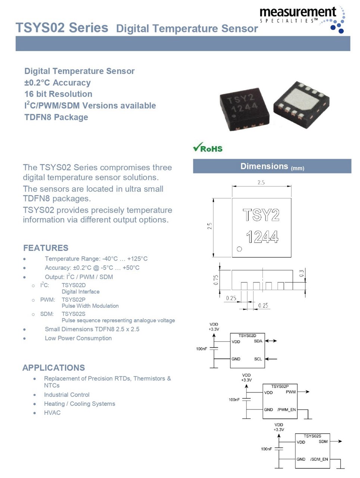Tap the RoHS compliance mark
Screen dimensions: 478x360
click(x=208, y=148)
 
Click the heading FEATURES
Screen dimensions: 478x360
click(x=46, y=248)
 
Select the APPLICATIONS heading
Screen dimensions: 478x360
click(x=53, y=367)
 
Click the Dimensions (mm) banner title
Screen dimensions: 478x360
click(x=272, y=167)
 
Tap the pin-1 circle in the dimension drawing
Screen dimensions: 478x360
click(x=239, y=249)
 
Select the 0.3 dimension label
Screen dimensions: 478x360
click(x=302, y=274)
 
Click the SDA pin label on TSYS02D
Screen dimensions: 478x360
click(x=258, y=341)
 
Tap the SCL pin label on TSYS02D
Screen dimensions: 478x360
click(x=258, y=359)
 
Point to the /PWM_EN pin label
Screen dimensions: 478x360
click(x=286, y=410)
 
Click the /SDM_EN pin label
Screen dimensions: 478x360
click(x=319, y=459)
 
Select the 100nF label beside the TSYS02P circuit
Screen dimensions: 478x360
click(x=234, y=400)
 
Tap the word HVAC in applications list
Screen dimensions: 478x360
click(x=52, y=413)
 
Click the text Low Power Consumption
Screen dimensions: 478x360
click(x=78, y=338)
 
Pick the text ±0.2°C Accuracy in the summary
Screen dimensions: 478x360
click(x=58, y=83)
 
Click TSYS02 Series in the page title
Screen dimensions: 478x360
click(x=62, y=28)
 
